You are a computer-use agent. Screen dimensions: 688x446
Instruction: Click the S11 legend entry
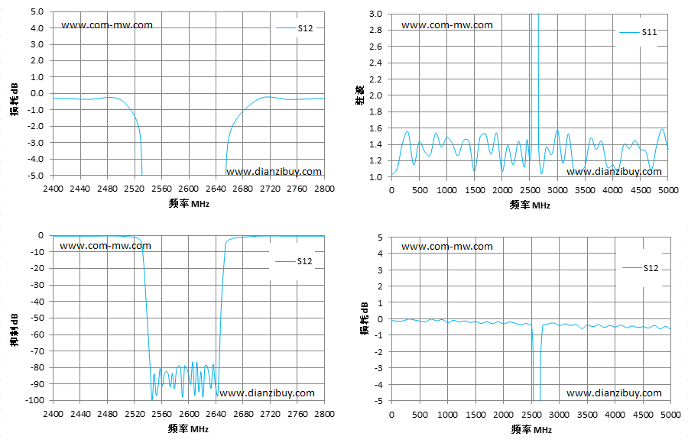coord(638,32)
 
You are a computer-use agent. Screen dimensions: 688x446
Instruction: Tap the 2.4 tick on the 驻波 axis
coord(375,63)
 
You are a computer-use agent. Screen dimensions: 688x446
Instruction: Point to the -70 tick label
coord(37,351)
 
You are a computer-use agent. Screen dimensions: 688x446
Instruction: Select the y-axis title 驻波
coord(360,95)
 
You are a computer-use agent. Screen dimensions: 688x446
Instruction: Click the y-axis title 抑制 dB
coord(15,330)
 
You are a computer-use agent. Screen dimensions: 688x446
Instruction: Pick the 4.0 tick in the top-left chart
coord(37,28)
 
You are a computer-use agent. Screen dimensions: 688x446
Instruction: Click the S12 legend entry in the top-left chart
coord(295,28)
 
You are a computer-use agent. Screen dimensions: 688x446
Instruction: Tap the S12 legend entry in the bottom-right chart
coord(641,268)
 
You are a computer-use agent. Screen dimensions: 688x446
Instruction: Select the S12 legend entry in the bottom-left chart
coord(294,261)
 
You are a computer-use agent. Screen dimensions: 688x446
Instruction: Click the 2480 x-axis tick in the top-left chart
coord(107,189)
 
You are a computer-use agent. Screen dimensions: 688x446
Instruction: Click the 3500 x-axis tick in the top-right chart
coord(585,190)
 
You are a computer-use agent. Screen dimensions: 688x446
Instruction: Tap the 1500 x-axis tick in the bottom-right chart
coord(475,415)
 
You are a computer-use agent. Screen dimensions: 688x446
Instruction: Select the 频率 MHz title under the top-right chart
coord(530,205)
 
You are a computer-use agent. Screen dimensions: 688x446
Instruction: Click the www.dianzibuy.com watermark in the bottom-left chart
coord(267,393)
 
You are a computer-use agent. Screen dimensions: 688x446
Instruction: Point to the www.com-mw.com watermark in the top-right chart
coord(447,25)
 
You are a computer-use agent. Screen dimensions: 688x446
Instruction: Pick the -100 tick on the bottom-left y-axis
coord(34,400)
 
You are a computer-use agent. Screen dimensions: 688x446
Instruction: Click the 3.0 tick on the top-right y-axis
coord(375,14)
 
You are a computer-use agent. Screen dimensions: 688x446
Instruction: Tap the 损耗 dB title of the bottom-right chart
coord(365,318)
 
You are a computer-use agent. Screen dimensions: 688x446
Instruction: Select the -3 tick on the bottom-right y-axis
coord(379,368)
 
